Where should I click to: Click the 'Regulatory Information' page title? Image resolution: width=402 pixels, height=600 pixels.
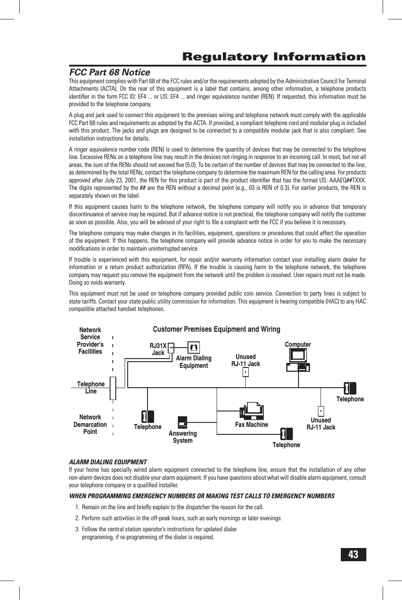coord(274,57)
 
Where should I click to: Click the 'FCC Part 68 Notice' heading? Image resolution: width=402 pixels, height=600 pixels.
coord(110,72)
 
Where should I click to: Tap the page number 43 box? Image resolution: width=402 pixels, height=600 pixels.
coord(353,554)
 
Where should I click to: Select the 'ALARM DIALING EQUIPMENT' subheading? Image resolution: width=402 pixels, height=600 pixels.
coord(108,462)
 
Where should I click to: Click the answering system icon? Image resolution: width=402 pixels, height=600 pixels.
coord(183,422)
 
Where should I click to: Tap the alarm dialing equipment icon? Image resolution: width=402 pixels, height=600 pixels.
coord(194,348)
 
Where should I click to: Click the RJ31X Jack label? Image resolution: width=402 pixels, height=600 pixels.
coord(158,349)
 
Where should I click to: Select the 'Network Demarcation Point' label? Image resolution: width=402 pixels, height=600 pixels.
coord(90,424)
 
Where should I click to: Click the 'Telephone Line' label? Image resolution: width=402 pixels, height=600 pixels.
coord(91,387)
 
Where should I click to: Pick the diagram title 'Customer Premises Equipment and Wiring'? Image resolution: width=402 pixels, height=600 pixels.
coord(216,329)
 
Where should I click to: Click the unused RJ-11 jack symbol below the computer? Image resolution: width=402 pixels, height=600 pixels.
coord(321,411)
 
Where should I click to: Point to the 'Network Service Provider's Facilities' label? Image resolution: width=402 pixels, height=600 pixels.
coord(90,341)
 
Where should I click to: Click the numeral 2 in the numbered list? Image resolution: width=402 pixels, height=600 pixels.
coord(77,518)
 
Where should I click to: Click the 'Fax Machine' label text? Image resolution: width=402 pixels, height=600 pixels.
coord(251,425)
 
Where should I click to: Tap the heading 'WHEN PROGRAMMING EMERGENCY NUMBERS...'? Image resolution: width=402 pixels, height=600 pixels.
coord(202,496)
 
